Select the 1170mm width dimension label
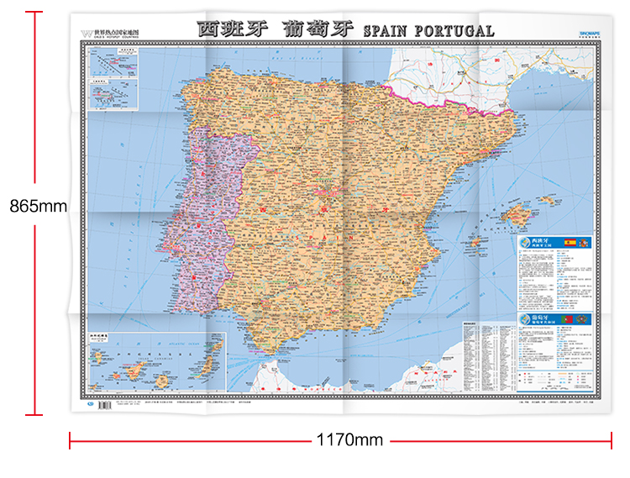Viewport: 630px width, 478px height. point(349,440)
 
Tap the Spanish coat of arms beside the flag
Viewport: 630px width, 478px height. point(582,244)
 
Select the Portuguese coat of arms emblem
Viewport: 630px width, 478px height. point(582,320)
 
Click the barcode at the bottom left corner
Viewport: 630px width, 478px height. point(103,404)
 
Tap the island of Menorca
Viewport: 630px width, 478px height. point(549,201)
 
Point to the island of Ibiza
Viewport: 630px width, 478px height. point(475,242)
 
